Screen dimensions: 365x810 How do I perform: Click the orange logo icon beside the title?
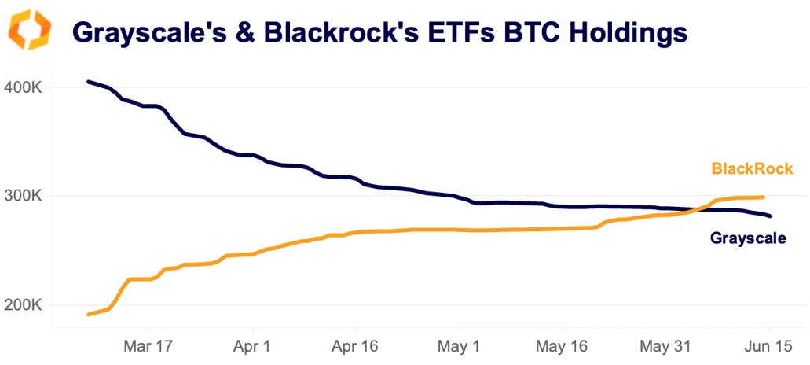30,31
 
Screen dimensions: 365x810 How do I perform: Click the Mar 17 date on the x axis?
149,347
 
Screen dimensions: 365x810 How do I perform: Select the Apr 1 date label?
253,347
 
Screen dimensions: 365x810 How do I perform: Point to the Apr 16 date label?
356,347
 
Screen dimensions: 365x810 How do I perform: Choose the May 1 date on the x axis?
460,347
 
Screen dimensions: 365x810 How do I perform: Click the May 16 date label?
563,347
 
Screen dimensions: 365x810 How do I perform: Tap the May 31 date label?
665,347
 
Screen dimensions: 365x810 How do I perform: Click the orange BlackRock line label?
752,168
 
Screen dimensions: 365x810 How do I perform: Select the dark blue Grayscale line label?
747,238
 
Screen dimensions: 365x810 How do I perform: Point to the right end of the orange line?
764,197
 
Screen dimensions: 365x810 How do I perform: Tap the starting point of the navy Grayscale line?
88,81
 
